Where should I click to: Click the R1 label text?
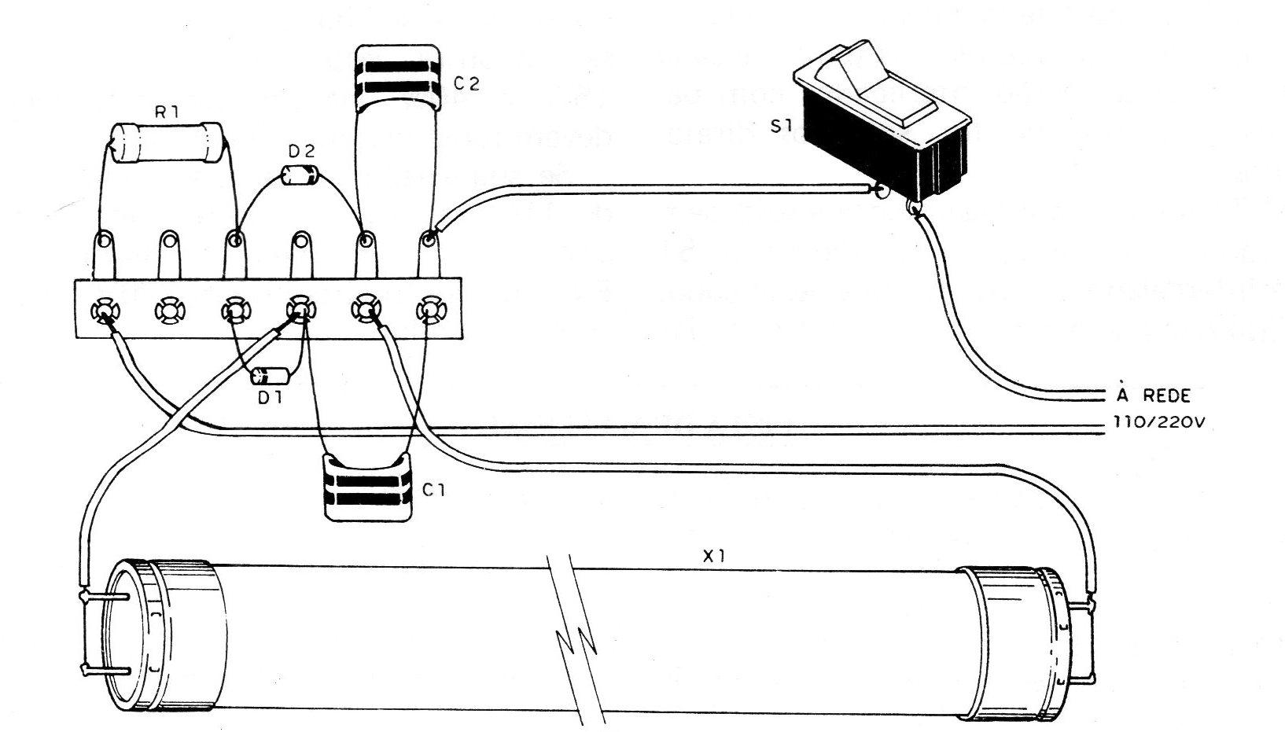click(x=167, y=113)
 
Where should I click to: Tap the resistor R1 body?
click(x=167, y=143)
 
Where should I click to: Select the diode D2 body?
click(x=300, y=175)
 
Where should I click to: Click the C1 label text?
click(x=433, y=491)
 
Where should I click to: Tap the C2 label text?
click(x=466, y=84)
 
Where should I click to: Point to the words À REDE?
click(x=1153, y=394)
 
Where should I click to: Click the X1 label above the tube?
click(x=713, y=555)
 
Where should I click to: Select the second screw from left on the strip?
click(x=170, y=311)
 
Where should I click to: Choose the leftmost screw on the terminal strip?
click(x=105, y=311)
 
